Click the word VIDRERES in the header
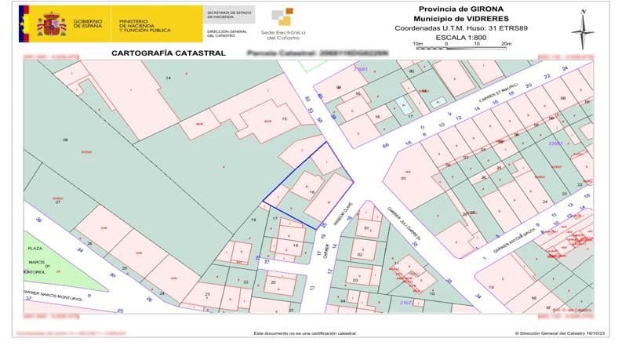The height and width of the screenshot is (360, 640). coord(486,18)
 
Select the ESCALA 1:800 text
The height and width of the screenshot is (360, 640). coord(461,37)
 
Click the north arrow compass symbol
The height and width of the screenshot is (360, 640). coord(582,29)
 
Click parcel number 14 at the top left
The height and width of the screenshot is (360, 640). coord(168,78)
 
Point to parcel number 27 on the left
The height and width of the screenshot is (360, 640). coord(56,203)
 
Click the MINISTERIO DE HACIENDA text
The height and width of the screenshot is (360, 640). coord(145,24)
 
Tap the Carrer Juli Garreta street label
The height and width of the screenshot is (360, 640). coord(405,224)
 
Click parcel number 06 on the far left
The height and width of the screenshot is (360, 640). coord(66,140)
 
